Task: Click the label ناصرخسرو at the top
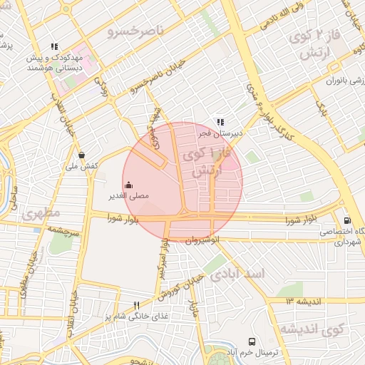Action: click(135, 31)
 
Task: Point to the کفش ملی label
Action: click(81, 166)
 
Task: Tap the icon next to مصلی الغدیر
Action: click(128, 185)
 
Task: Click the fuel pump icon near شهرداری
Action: click(347, 221)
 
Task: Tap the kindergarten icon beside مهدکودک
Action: click(54, 47)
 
